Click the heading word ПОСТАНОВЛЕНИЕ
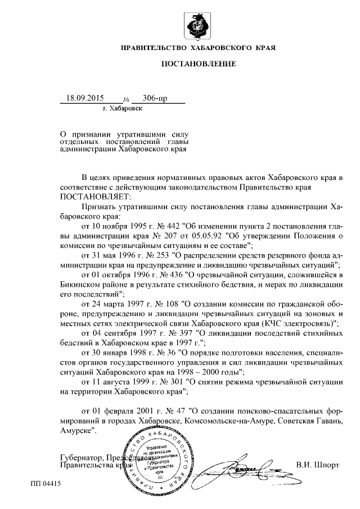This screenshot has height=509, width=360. point(199,64)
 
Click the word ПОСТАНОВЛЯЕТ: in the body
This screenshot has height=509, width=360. point(94,196)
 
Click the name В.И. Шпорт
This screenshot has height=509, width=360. point(318,465)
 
